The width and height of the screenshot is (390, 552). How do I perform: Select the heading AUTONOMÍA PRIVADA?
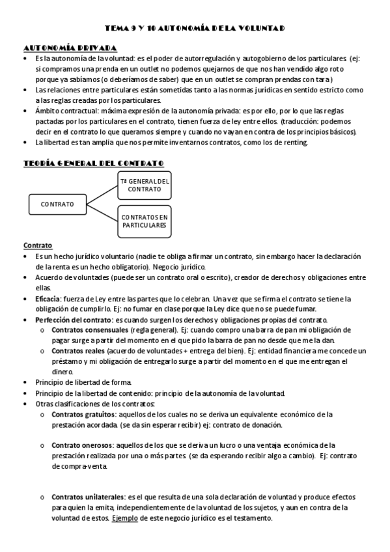coord(70,48)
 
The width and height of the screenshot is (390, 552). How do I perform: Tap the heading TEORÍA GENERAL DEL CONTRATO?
coord(93,163)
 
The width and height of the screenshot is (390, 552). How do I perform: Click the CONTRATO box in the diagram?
coord(57,204)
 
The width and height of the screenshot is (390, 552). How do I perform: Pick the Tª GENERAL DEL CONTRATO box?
coord(145,185)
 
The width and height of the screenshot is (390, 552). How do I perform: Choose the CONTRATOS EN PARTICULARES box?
coord(145,221)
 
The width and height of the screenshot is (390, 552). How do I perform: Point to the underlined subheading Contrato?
coord(38,246)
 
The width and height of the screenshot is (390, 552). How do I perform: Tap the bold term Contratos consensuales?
coord(87,330)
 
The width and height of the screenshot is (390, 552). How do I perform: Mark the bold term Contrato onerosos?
coord(81,445)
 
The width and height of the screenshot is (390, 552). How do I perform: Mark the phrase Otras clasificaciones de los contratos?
coord(95,404)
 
